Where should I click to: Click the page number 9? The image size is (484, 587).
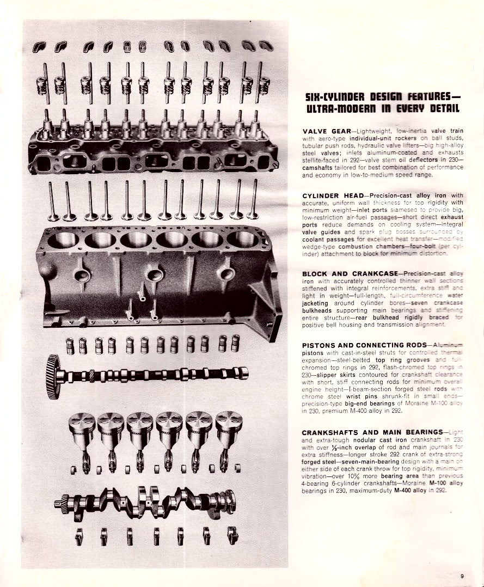coord(462,576)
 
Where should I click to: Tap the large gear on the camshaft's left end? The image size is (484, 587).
coord(53,376)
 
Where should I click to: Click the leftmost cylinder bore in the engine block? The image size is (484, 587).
coord(64,239)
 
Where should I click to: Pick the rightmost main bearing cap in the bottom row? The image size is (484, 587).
coord(233,536)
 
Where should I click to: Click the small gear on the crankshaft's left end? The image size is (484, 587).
coord(60,505)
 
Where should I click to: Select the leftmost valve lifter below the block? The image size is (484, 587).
coord(70,345)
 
